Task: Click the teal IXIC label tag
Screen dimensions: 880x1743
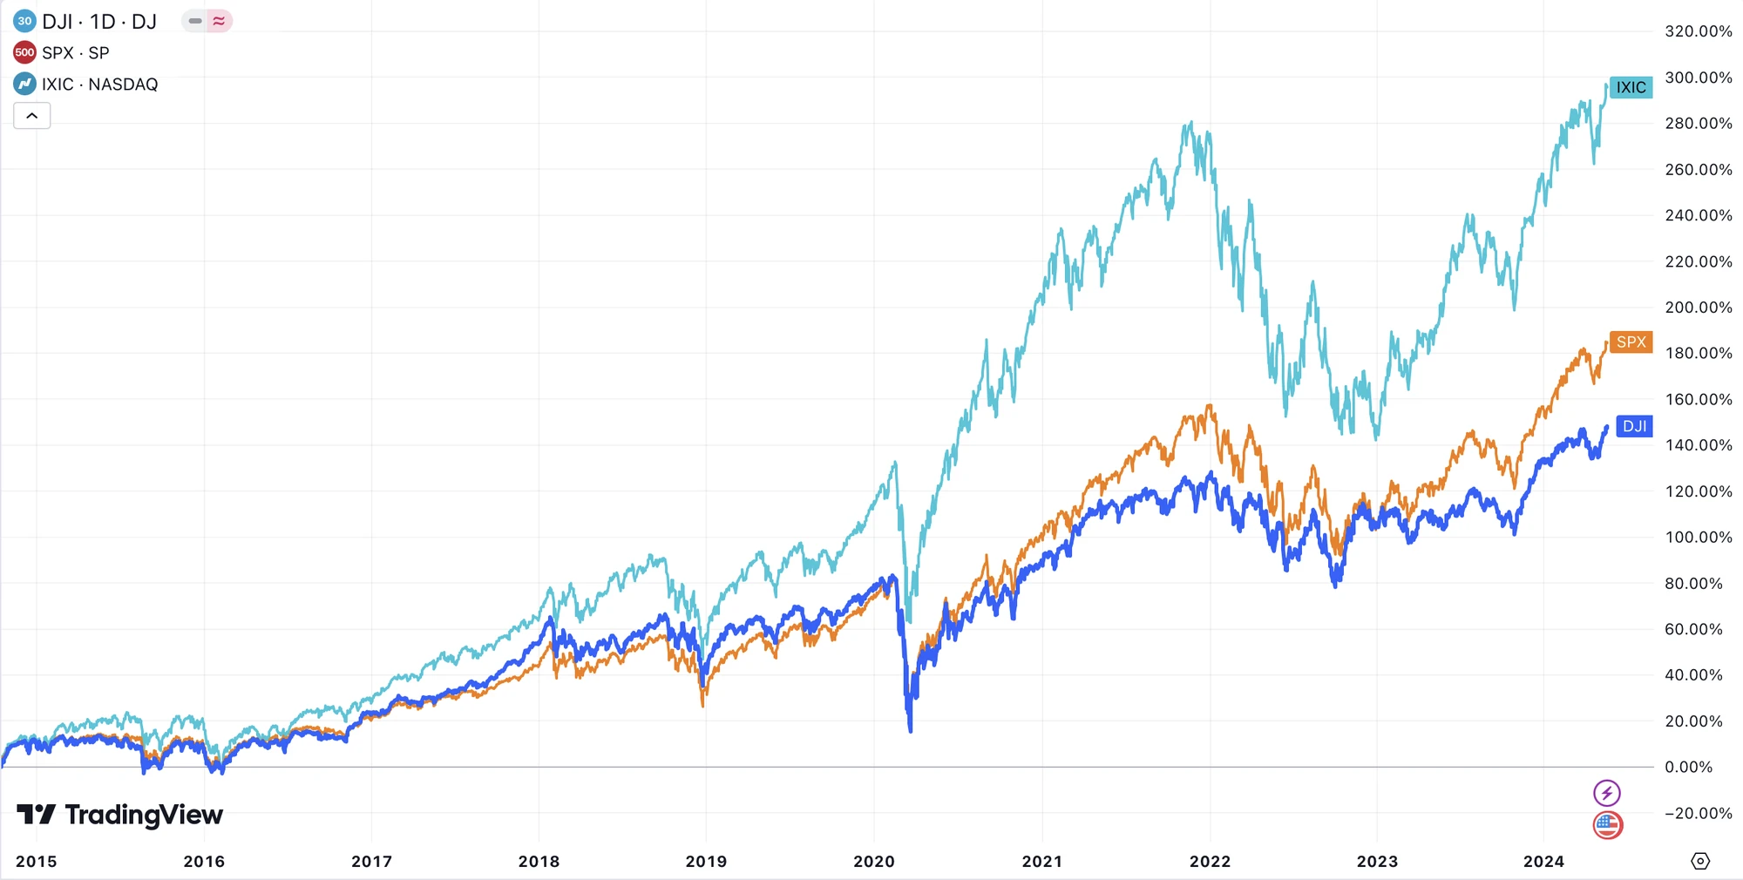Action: [x=1630, y=87]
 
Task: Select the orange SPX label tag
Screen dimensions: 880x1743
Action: [x=1630, y=342]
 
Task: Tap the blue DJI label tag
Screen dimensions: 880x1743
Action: [x=1633, y=426]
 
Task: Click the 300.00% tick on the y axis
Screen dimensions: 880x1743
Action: [x=1698, y=78]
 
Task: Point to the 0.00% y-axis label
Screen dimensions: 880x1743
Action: [x=1688, y=767]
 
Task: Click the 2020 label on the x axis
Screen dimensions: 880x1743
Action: [x=873, y=861]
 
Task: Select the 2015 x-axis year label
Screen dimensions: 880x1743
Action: [x=37, y=861]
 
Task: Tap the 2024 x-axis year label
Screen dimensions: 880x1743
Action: [x=1543, y=861]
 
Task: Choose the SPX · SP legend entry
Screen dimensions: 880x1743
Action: [x=76, y=53]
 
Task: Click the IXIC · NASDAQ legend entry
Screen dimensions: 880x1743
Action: [x=99, y=85]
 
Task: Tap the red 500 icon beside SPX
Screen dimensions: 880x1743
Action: [x=24, y=53]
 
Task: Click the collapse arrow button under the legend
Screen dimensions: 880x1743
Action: [x=32, y=116]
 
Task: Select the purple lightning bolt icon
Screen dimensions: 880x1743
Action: [x=1607, y=793]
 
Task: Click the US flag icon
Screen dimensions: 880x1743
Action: [x=1607, y=824]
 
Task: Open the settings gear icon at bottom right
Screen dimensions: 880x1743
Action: [x=1699, y=861]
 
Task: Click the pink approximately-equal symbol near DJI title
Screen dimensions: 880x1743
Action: [x=219, y=21]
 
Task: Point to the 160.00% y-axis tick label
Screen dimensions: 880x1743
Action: [x=1698, y=399]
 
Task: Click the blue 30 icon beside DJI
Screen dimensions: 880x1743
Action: [x=24, y=21]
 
